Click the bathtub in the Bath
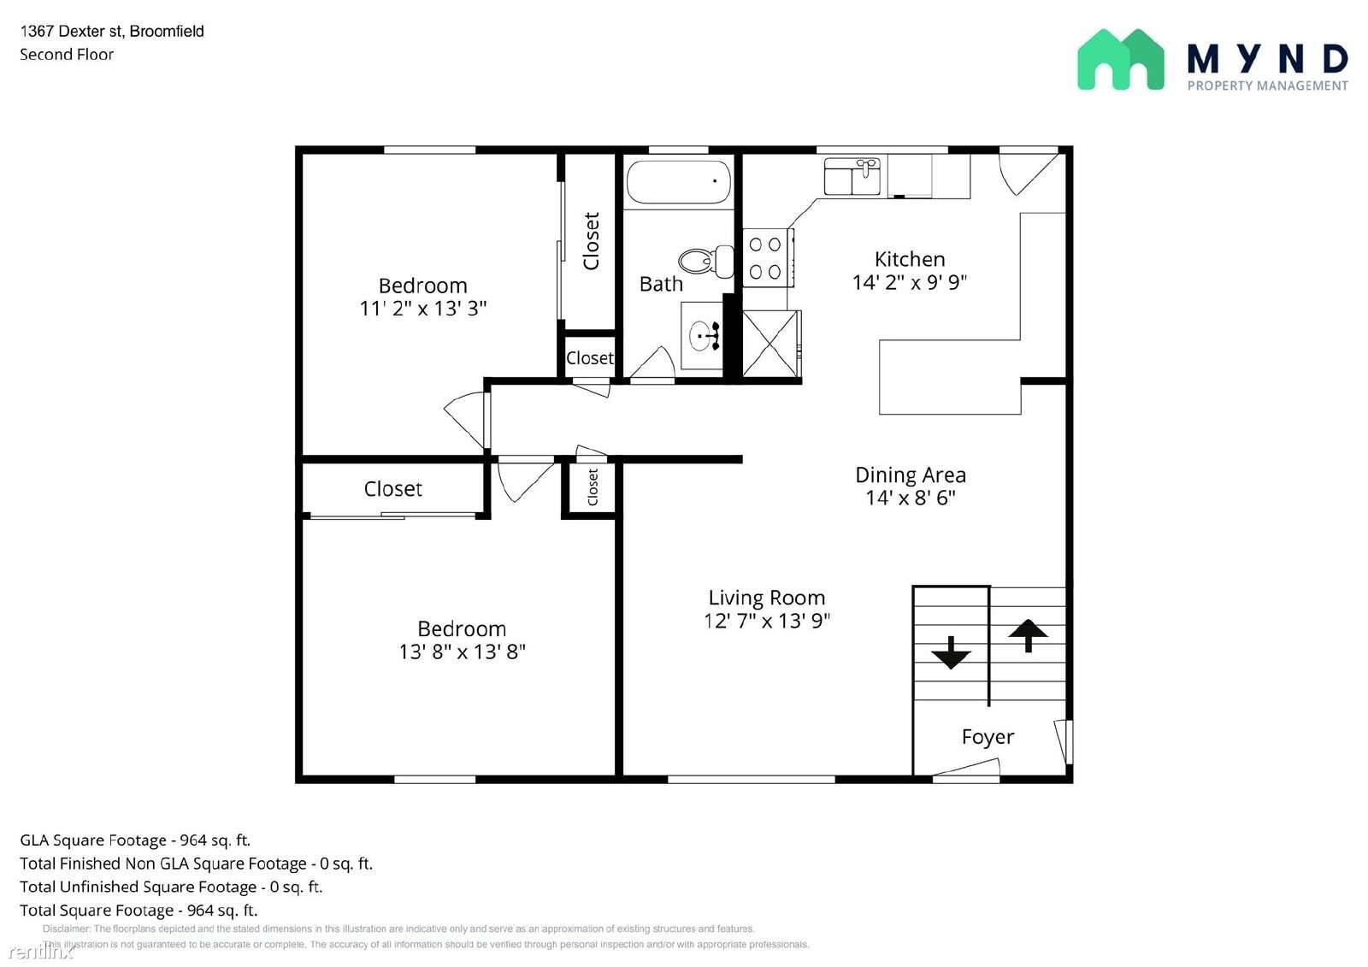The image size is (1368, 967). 678,182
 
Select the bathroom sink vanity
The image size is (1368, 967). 702,336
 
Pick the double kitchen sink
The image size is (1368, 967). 852,176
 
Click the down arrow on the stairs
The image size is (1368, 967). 951,653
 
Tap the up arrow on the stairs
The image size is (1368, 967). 1028,635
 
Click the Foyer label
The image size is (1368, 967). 988,737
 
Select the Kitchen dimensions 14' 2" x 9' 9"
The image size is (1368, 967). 909,282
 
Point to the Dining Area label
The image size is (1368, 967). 910,475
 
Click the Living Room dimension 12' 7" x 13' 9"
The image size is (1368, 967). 766,621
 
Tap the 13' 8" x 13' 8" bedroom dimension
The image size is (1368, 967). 462,652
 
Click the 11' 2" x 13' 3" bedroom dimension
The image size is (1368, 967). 422,308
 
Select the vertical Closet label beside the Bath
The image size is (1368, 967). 591,241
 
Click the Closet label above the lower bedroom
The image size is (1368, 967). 392,489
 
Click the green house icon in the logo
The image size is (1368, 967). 1120,60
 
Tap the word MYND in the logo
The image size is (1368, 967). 1267,59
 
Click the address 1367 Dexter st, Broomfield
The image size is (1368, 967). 112,32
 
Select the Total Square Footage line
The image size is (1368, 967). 139,910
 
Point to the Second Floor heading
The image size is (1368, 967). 67,55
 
